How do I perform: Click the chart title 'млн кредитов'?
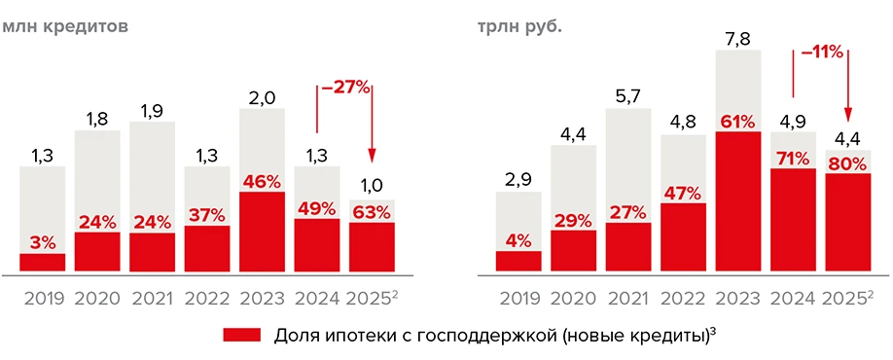pos(65,26)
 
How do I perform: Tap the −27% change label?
pos(344,88)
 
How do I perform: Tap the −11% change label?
pos(821,53)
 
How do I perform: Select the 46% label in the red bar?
pos(262,181)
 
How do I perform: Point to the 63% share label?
pos(372,210)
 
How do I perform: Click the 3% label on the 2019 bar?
pos(42,241)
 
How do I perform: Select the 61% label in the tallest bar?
pos(737,122)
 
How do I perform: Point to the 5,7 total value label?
pos(627,95)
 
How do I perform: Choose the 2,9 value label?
pos(518,180)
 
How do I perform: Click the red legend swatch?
pos(241,335)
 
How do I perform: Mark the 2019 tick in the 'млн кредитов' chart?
pos(42,298)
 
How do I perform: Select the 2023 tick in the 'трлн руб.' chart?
pos(737,298)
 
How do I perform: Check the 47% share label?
pos(683,191)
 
